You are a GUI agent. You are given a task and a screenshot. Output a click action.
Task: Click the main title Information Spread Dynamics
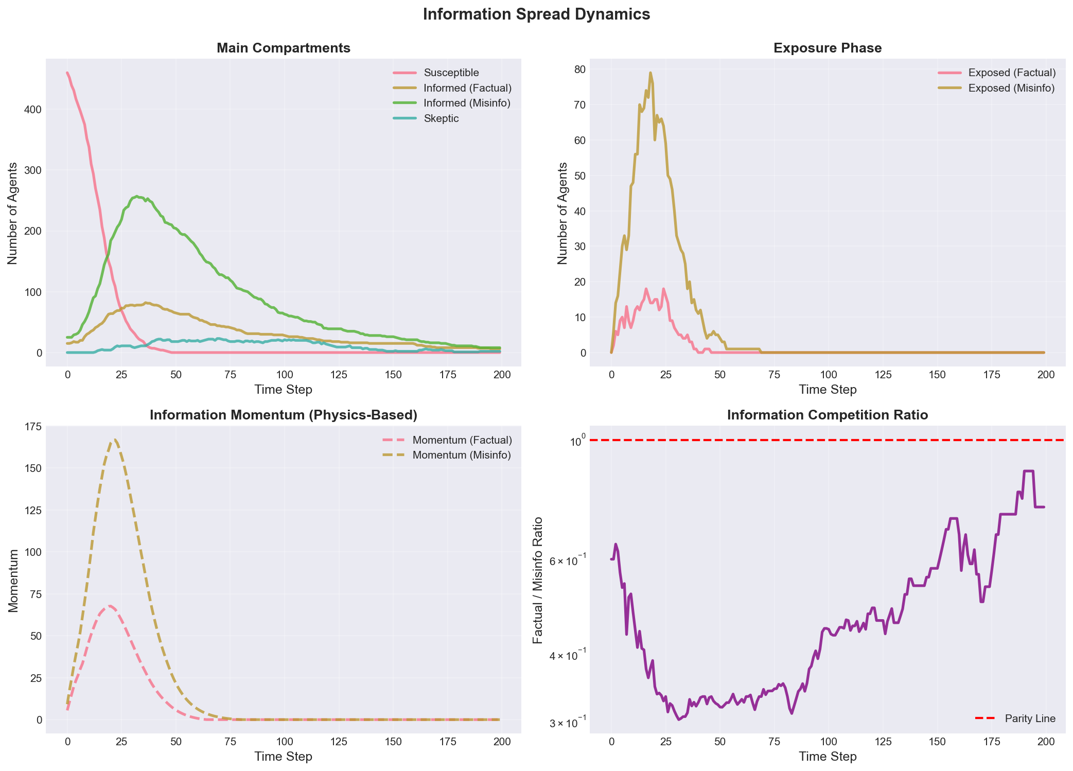pos(536,14)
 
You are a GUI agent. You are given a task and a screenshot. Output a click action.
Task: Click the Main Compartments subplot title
pos(283,48)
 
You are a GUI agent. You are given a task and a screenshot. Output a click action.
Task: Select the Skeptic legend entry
pos(441,119)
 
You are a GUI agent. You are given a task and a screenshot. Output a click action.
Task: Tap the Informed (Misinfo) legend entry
pos(467,103)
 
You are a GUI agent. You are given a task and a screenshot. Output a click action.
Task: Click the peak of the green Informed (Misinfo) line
pos(136,196)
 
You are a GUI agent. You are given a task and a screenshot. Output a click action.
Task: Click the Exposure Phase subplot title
pos(827,48)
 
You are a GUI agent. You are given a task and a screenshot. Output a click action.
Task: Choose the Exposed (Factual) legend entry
pos(1011,73)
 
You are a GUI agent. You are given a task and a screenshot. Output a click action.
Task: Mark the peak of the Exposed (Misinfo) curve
pos(650,73)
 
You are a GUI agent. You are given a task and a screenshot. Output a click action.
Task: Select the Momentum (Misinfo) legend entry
pos(461,455)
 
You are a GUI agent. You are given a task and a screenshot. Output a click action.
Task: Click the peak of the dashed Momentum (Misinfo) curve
pos(114,440)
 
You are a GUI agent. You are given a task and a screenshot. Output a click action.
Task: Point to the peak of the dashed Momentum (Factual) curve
pos(109,606)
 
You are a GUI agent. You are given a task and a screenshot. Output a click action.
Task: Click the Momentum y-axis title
pos(14,580)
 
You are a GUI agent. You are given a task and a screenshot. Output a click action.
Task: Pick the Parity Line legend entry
pos(1030,719)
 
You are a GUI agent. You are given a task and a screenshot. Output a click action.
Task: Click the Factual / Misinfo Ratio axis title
pos(538,580)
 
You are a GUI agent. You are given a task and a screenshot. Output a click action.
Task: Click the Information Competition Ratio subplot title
pos(827,415)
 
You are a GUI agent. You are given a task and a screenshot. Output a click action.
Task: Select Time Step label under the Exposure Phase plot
pos(827,390)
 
